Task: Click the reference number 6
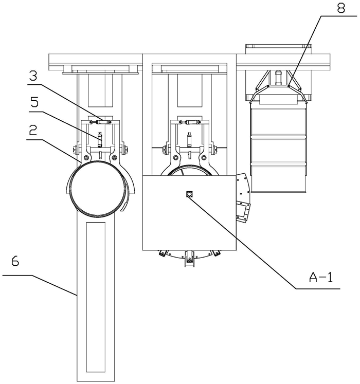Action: [15, 261]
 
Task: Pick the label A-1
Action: [321, 278]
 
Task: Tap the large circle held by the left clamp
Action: [97, 187]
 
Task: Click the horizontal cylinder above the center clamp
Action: [190, 122]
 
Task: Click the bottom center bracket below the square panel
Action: [190, 259]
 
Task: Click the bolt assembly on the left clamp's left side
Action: [76, 150]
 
